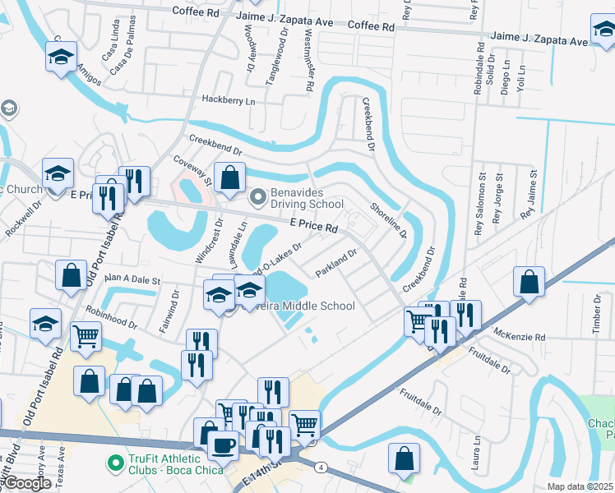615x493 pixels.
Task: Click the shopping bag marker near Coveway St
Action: tap(232, 176)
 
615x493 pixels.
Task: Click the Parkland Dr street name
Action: tap(336, 263)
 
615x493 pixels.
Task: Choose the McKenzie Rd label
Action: tap(520, 337)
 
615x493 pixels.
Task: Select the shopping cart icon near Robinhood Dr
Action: tap(86, 336)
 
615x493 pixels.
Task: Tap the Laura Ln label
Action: tap(476, 452)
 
